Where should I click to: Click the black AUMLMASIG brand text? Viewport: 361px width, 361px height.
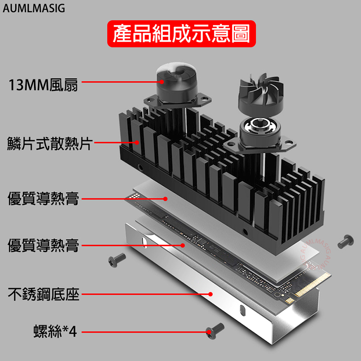tap(33, 8)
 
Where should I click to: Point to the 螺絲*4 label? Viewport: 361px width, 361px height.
tap(55, 332)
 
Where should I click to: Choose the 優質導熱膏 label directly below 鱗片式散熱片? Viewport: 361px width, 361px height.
tap(43, 198)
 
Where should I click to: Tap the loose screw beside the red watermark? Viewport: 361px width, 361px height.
tap(345, 241)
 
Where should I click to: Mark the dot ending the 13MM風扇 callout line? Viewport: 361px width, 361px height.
tap(162, 81)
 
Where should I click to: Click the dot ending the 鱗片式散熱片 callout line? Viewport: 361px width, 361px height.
tap(137, 142)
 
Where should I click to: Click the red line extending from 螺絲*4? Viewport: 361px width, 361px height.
tap(144, 332)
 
